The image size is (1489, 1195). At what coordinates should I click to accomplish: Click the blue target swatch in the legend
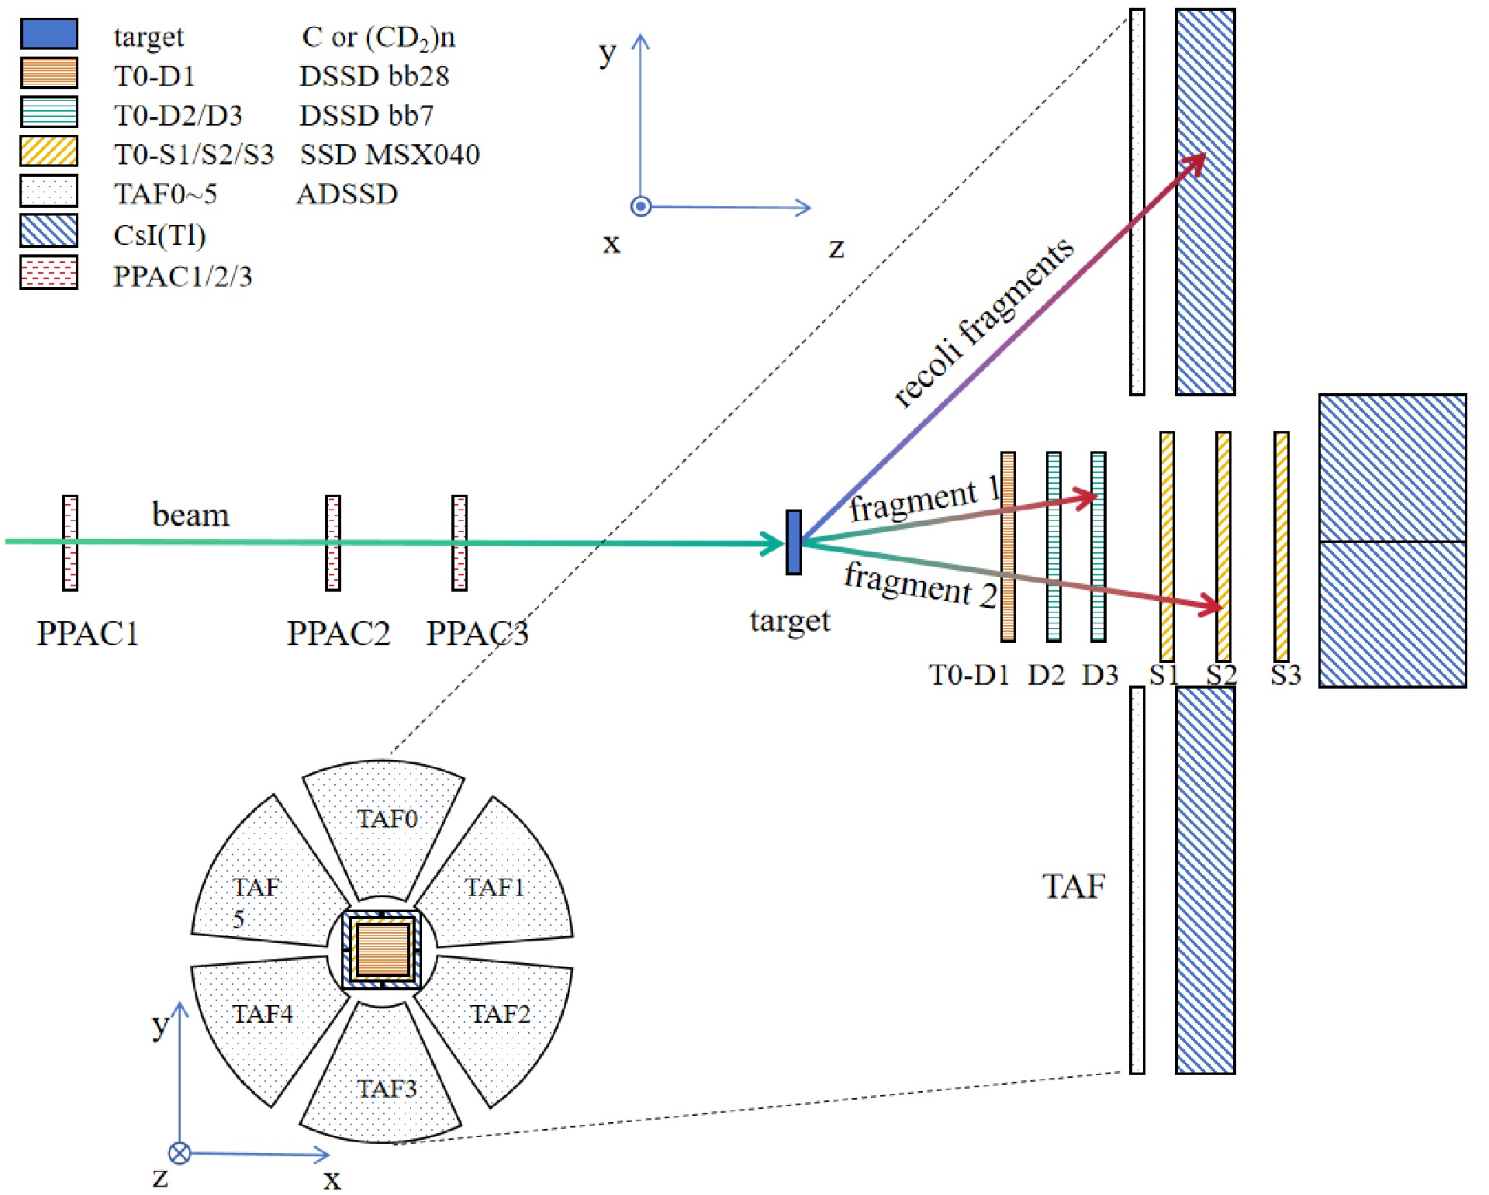click(x=49, y=34)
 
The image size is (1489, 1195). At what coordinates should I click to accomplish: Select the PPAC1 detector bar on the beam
click(x=71, y=543)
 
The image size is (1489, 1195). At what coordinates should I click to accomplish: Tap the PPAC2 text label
click(x=338, y=634)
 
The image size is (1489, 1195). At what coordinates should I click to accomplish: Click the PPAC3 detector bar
click(x=460, y=543)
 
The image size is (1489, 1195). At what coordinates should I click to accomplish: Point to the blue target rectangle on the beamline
click(x=793, y=542)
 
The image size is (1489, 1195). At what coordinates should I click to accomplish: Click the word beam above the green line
click(x=191, y=515)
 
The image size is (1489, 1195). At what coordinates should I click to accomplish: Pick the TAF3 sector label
click(x=386, y=1089)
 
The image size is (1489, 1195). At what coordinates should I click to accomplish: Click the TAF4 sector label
click(x=263, y=1014)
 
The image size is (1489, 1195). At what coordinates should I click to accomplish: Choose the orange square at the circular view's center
click(x=382, y=949)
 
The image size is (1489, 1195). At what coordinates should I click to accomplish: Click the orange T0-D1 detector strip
click(x=1008, y=547)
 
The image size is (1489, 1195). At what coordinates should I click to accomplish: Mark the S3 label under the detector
click(x=1285, y=675)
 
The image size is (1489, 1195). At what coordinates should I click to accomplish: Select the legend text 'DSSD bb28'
click(x=374, y=76)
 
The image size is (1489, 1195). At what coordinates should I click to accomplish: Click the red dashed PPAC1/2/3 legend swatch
click(x=49, y=273)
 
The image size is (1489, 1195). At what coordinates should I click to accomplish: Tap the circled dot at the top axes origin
click(x=641, y=206)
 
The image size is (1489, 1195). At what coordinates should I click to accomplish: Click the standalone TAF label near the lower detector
click(x=1073, y=886)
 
